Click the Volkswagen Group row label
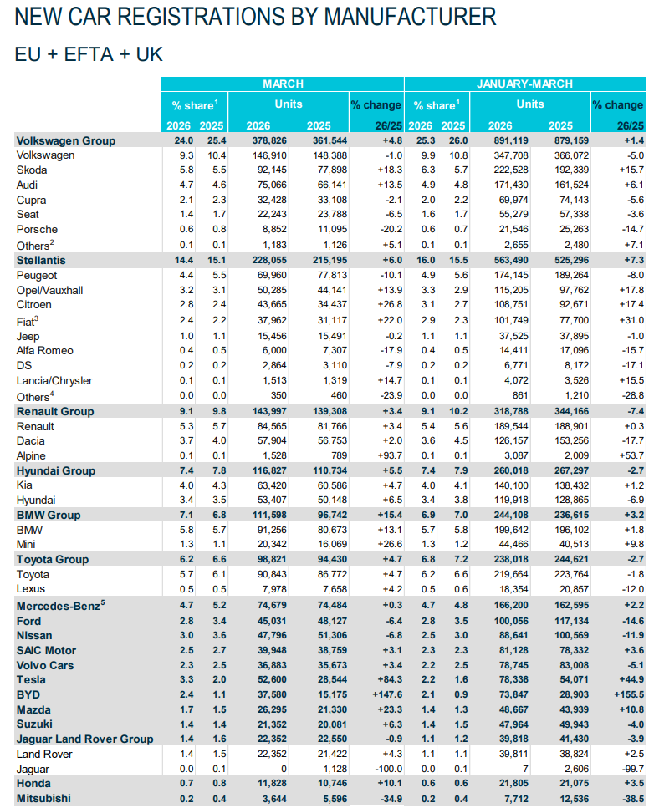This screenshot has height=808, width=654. [66, 140]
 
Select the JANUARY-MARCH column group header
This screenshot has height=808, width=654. [524, 84]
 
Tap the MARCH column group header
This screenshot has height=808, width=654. [283, 84]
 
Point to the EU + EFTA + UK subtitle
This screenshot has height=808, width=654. [89, 54]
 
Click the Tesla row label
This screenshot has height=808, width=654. [33, 679]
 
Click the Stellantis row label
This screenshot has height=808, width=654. [41, 261]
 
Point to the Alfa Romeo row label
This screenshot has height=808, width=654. [44, 351]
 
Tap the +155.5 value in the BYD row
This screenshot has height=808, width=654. [625, 694]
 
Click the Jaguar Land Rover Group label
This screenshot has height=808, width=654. [84, 739]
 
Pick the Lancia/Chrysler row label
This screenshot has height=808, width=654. [56, 381]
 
